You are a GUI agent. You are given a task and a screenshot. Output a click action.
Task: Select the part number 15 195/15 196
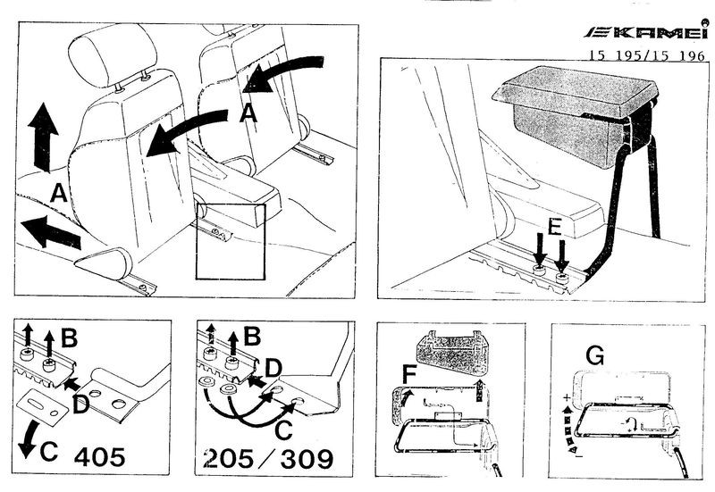point(647,55)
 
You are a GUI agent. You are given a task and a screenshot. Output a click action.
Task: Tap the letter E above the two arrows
point(554,226)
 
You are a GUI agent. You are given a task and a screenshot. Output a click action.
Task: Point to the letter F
point(409,374)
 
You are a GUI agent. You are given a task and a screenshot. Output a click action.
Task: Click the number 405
point(99,457)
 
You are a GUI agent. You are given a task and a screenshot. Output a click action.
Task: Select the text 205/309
point(269,459)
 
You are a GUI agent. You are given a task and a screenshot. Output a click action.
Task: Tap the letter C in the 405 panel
point(49,452)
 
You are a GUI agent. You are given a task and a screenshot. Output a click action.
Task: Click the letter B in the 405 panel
point(70,338)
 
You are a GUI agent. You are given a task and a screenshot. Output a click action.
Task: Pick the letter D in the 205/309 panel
point(273,369)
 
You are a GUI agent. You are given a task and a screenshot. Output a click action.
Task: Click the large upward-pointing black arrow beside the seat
point(43,138)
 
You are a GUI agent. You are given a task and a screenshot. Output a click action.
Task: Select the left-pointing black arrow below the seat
point(51,232)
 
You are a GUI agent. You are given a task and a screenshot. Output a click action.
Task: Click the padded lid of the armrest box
point(576,91)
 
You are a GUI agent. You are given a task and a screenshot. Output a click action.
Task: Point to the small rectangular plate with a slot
point(42,407)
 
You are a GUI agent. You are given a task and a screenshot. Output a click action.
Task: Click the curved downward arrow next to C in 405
point(28,438)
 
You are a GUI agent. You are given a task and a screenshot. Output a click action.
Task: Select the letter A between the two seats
point(248,113)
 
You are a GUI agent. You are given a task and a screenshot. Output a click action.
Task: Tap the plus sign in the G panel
point(567,397)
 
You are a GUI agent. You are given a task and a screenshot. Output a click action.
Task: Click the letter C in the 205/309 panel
point(283,430)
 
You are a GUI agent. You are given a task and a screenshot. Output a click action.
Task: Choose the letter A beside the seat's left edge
point(58,193)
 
